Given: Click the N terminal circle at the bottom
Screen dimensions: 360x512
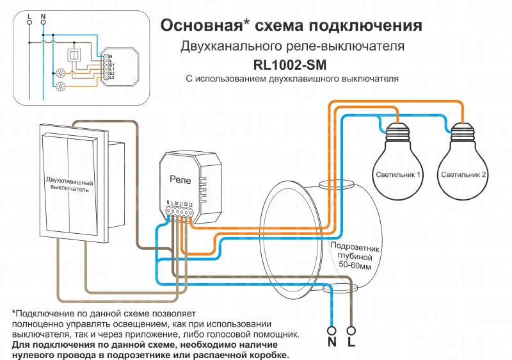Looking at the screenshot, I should [332, 331].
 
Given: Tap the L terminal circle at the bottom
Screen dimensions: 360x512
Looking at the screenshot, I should [351, 331].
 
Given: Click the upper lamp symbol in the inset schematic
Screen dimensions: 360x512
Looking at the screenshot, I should [62, 73].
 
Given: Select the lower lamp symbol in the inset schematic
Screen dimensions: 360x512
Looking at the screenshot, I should [62, 85].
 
